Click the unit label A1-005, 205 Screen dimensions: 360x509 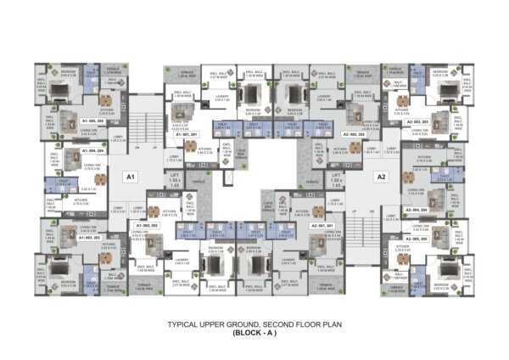click(x=93, y=121)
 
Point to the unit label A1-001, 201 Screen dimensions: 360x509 click(x=185, y=134)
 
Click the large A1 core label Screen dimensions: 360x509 click(x=130, y=177)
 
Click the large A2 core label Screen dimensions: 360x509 click(x=381, y=177)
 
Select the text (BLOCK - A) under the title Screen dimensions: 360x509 click(x=255, y=333)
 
